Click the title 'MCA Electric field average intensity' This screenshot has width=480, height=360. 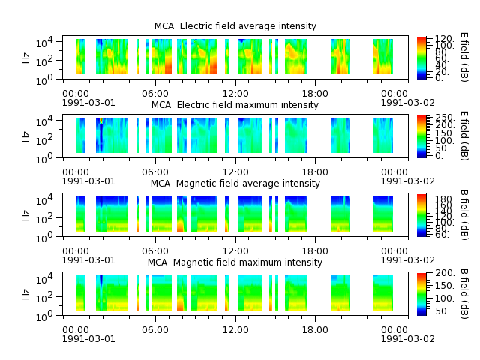[x=235, y=26]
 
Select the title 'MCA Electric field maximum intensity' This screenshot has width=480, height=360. [x=235, y=105]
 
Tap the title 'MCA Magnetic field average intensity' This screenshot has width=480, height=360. [x=235, y=184]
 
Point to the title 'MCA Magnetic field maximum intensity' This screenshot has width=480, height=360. [x=235, y=262]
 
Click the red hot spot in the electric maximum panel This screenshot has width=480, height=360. [x=101, y=121]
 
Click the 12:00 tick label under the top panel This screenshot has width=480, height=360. [x=235, y=94]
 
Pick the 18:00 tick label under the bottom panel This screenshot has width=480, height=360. [x=315, y=330]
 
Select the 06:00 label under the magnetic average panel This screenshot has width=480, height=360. [x=155, y=251]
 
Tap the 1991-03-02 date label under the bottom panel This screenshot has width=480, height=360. [x=408, y=339]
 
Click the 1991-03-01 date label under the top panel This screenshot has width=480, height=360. [x=88, y=103]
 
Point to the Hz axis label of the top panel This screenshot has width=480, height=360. [x=26, y=58]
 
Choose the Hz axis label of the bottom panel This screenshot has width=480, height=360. [x=26, y=294]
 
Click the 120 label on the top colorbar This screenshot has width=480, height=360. [x=444, y=39]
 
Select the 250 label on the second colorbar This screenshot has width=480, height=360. [x=445, y=118]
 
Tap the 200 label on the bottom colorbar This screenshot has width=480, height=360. [x=445, y=273]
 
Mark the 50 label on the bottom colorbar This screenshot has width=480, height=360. [x=442, y=311]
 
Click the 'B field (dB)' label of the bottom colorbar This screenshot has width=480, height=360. [x=464, y=294]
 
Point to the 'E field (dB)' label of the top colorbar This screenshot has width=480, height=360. [x=464, y=58]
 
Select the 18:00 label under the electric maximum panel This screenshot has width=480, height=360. [x=315, y=172]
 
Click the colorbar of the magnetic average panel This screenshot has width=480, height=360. [x=421, y=215]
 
